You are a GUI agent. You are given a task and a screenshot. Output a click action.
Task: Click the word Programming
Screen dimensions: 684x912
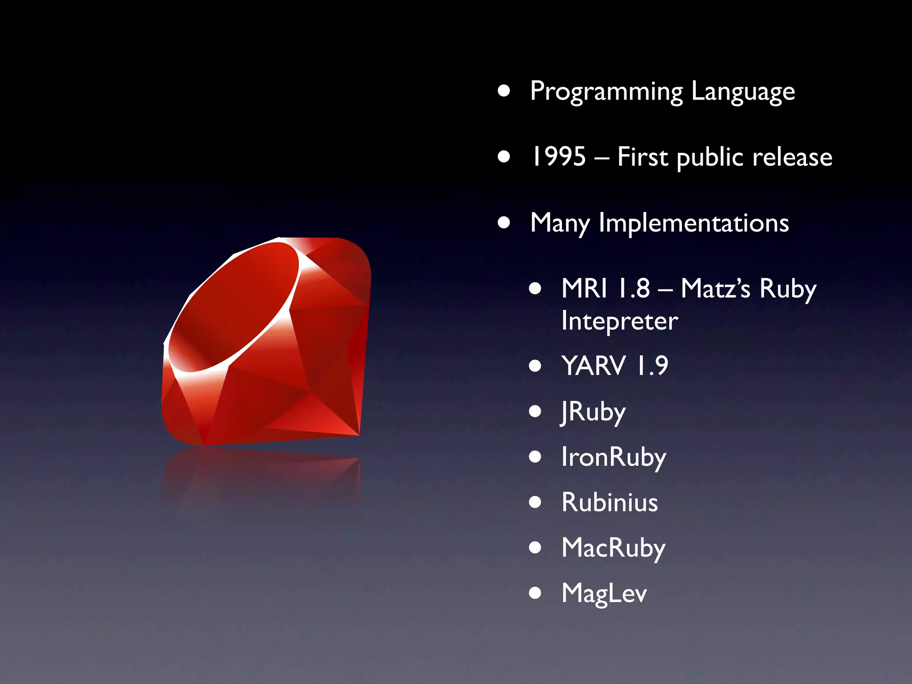(x=606, y=92)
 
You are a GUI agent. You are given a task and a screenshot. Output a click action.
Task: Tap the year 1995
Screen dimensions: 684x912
(x=559, y=157)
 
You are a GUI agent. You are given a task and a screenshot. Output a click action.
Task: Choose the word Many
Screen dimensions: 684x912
(x=560, y=224)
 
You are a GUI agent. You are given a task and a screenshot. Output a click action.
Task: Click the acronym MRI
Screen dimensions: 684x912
(x=584, y=288)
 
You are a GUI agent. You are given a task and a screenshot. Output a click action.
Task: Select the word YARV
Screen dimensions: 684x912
(x=594, y=366)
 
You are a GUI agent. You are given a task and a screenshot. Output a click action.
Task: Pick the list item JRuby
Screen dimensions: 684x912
(x=593, y=412)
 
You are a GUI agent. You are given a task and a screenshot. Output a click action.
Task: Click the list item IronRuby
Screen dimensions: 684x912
(x=614, y=457)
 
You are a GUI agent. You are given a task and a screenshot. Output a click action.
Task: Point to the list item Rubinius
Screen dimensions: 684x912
(x=609, y=502)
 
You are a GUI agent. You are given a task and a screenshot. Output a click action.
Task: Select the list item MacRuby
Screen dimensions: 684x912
(x=613, y=548)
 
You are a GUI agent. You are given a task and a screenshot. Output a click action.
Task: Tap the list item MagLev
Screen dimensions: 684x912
(x=604, y=594)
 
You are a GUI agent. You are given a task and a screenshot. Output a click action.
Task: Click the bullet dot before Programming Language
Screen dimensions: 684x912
(x=504, y=91)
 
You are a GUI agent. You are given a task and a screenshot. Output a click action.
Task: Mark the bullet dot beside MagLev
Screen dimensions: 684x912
(x=535, y=593)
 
